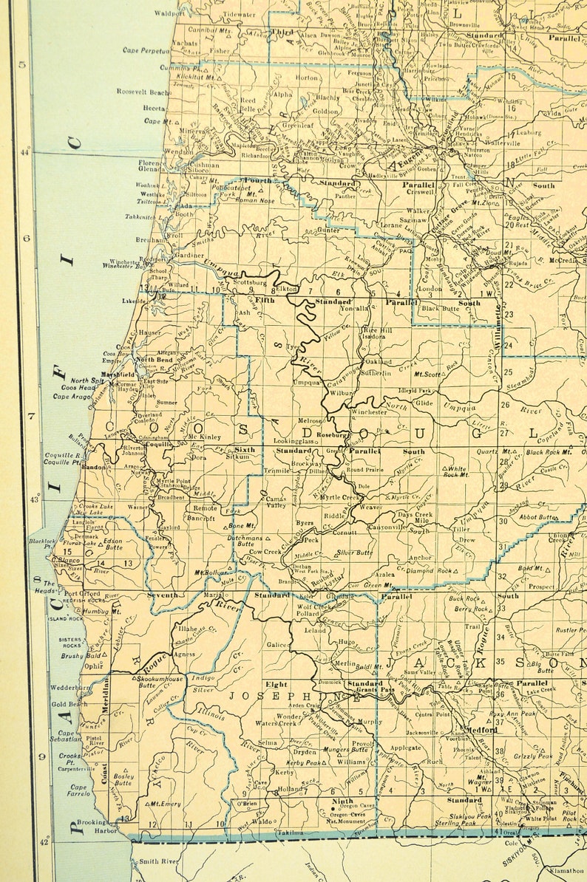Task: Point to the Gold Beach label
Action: point(69,704)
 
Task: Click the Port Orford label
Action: point(81,593)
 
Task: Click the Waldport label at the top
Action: point(170,13)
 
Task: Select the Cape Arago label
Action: point(71,397)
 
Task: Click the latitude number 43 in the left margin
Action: point(33,500)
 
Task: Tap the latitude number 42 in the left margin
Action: point(33,841)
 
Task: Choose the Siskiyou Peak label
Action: point(472,816)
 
